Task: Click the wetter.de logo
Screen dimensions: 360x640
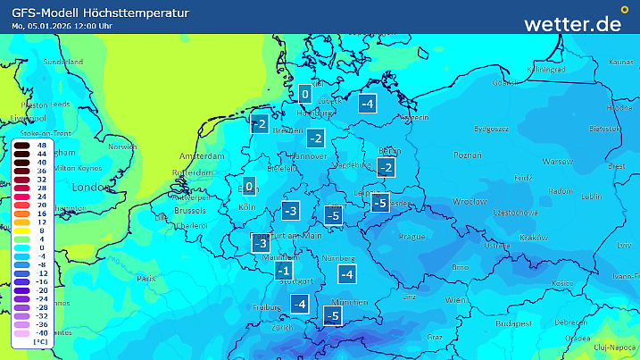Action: pos(585,22)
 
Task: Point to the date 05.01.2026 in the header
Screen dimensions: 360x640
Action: pos(53,26)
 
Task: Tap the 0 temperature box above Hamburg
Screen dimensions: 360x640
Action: pos(305,95)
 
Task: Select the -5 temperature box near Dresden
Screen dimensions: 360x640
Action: pos(379,204)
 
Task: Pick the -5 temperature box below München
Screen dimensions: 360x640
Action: pos(333,316)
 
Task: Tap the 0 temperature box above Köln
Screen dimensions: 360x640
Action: pos(250,187)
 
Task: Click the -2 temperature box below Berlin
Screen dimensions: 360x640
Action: pos(386,168)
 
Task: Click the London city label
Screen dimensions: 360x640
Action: pos(89,188)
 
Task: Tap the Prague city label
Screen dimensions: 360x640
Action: pos(411,237)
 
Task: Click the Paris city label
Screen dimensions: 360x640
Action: pos(145,279)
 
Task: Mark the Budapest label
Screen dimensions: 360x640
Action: pos(515,322)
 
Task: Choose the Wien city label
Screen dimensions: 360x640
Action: pos(455,298)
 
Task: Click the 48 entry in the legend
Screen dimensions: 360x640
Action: pos(40,145)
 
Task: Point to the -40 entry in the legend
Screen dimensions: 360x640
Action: pos(40,332)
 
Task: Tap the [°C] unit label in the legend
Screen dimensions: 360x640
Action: pos(40,342)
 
